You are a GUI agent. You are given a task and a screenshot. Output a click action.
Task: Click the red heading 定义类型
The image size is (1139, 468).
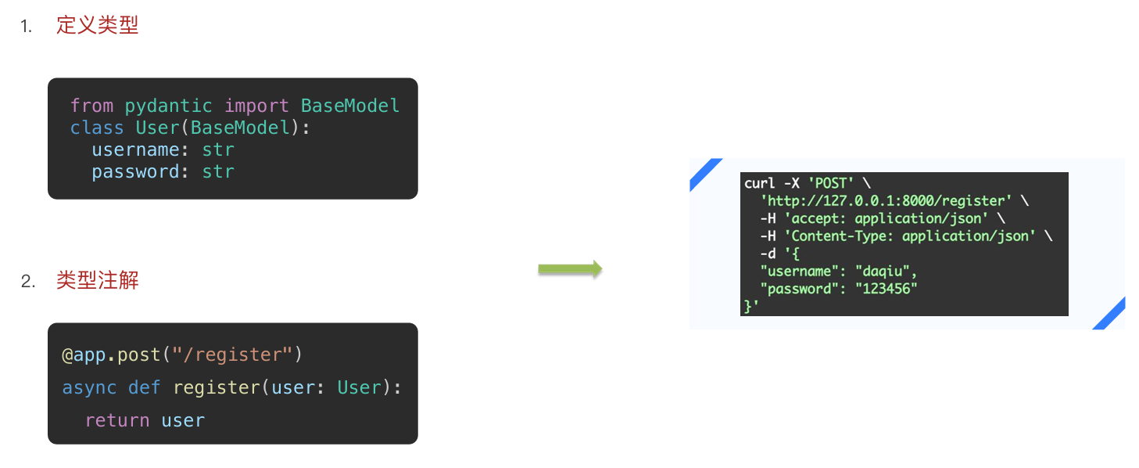tap(97, 25)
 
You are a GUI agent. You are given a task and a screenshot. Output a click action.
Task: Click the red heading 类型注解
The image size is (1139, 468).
tap(97, 280)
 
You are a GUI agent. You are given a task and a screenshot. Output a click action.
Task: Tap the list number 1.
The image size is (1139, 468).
tap(27, 27)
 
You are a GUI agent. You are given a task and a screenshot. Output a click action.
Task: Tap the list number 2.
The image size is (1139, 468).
tap(28, 282)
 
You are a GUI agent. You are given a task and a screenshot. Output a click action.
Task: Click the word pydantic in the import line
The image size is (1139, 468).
tap(168, 106)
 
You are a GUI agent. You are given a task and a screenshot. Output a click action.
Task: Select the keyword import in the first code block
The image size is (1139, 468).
tap(256, 106)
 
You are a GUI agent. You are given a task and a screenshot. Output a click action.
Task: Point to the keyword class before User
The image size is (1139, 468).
tap(97, 128)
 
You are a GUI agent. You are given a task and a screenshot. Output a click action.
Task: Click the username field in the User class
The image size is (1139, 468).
tap(136, 149)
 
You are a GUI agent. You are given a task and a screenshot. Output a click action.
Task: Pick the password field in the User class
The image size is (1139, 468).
tap(136, 171)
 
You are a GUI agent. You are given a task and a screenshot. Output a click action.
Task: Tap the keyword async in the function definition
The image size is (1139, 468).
tap(89, 387)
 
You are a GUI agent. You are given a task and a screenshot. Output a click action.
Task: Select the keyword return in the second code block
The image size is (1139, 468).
tap(117, 420)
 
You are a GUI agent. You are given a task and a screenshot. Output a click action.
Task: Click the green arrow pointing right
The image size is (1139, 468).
tap(570, 269)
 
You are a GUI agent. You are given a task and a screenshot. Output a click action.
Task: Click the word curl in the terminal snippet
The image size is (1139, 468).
tap(759, 183)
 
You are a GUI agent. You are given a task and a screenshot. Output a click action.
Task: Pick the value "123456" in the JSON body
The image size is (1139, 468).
tap(886, 289)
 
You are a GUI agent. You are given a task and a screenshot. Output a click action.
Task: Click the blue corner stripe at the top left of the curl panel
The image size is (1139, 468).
tap(705, 174)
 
